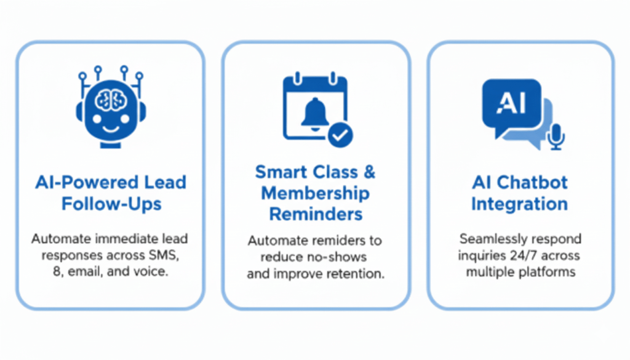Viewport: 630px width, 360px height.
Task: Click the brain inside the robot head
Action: point(111,100)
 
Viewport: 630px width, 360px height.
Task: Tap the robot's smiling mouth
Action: point(111,129)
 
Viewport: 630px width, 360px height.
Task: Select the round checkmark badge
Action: point(340,135)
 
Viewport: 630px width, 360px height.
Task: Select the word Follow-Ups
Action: point(111,204)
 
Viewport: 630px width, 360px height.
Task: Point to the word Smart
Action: point(281,172)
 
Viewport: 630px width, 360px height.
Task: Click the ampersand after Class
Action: point(369,172)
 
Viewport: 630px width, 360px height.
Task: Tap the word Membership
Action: point(316,194)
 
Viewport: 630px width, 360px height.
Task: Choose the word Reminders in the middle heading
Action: point(316,215)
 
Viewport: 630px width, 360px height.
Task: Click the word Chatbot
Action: point(532,183)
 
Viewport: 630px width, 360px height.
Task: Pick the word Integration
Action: point(519,204)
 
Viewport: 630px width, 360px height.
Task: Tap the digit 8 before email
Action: point(57,272)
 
